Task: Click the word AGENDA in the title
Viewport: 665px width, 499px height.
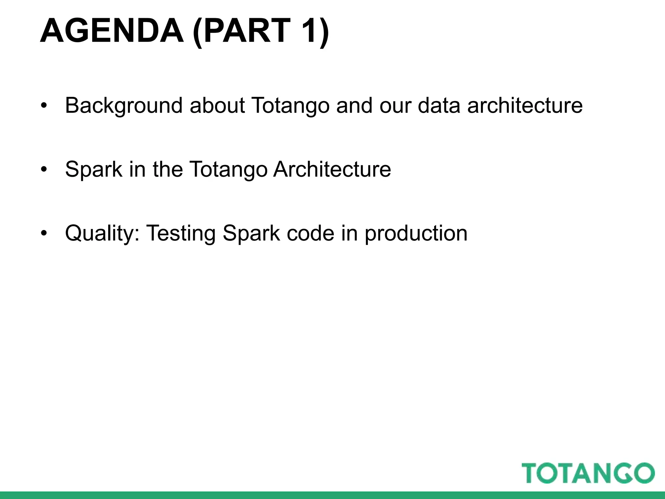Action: point(112,31)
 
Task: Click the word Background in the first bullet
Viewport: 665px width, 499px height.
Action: point(124,106)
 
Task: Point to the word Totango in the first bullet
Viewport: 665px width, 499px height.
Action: point(290,106)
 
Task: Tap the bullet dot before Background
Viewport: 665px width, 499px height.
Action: point(44,106)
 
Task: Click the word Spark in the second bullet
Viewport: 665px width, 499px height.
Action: point(94,170)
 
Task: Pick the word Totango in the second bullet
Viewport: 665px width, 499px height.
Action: point(228,170)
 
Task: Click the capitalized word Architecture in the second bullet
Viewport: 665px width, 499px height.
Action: point(332,170)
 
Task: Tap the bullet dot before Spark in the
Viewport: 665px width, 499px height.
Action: point(44,170)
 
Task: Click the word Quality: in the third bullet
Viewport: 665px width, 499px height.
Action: point(102,233)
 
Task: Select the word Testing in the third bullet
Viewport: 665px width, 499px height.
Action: point(181,233)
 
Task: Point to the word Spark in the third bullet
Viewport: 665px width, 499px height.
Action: point(251,233)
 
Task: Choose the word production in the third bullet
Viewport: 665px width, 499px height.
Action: point(416,233)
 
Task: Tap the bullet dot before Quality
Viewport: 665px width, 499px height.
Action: point(44,233)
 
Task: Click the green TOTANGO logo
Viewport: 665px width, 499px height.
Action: point(588,473)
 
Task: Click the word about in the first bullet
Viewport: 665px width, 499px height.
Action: point(217,106)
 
